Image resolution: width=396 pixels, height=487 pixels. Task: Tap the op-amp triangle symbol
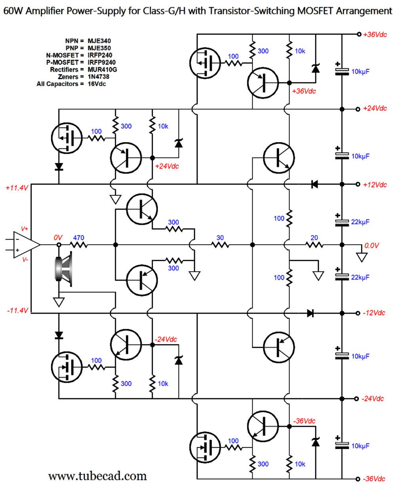coord(26,245)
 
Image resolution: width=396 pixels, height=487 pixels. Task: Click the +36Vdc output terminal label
coord(375,34)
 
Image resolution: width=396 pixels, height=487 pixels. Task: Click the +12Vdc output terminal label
coord(375,185)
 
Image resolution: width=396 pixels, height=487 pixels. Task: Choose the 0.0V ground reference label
coord(371,246)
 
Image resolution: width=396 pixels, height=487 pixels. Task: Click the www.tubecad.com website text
coord(97,476)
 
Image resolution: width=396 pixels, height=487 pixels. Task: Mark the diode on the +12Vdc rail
coord(314,184)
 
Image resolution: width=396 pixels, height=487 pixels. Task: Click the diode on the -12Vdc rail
coord(310,313)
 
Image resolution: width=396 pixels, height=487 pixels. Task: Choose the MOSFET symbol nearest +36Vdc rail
coord(206,62)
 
